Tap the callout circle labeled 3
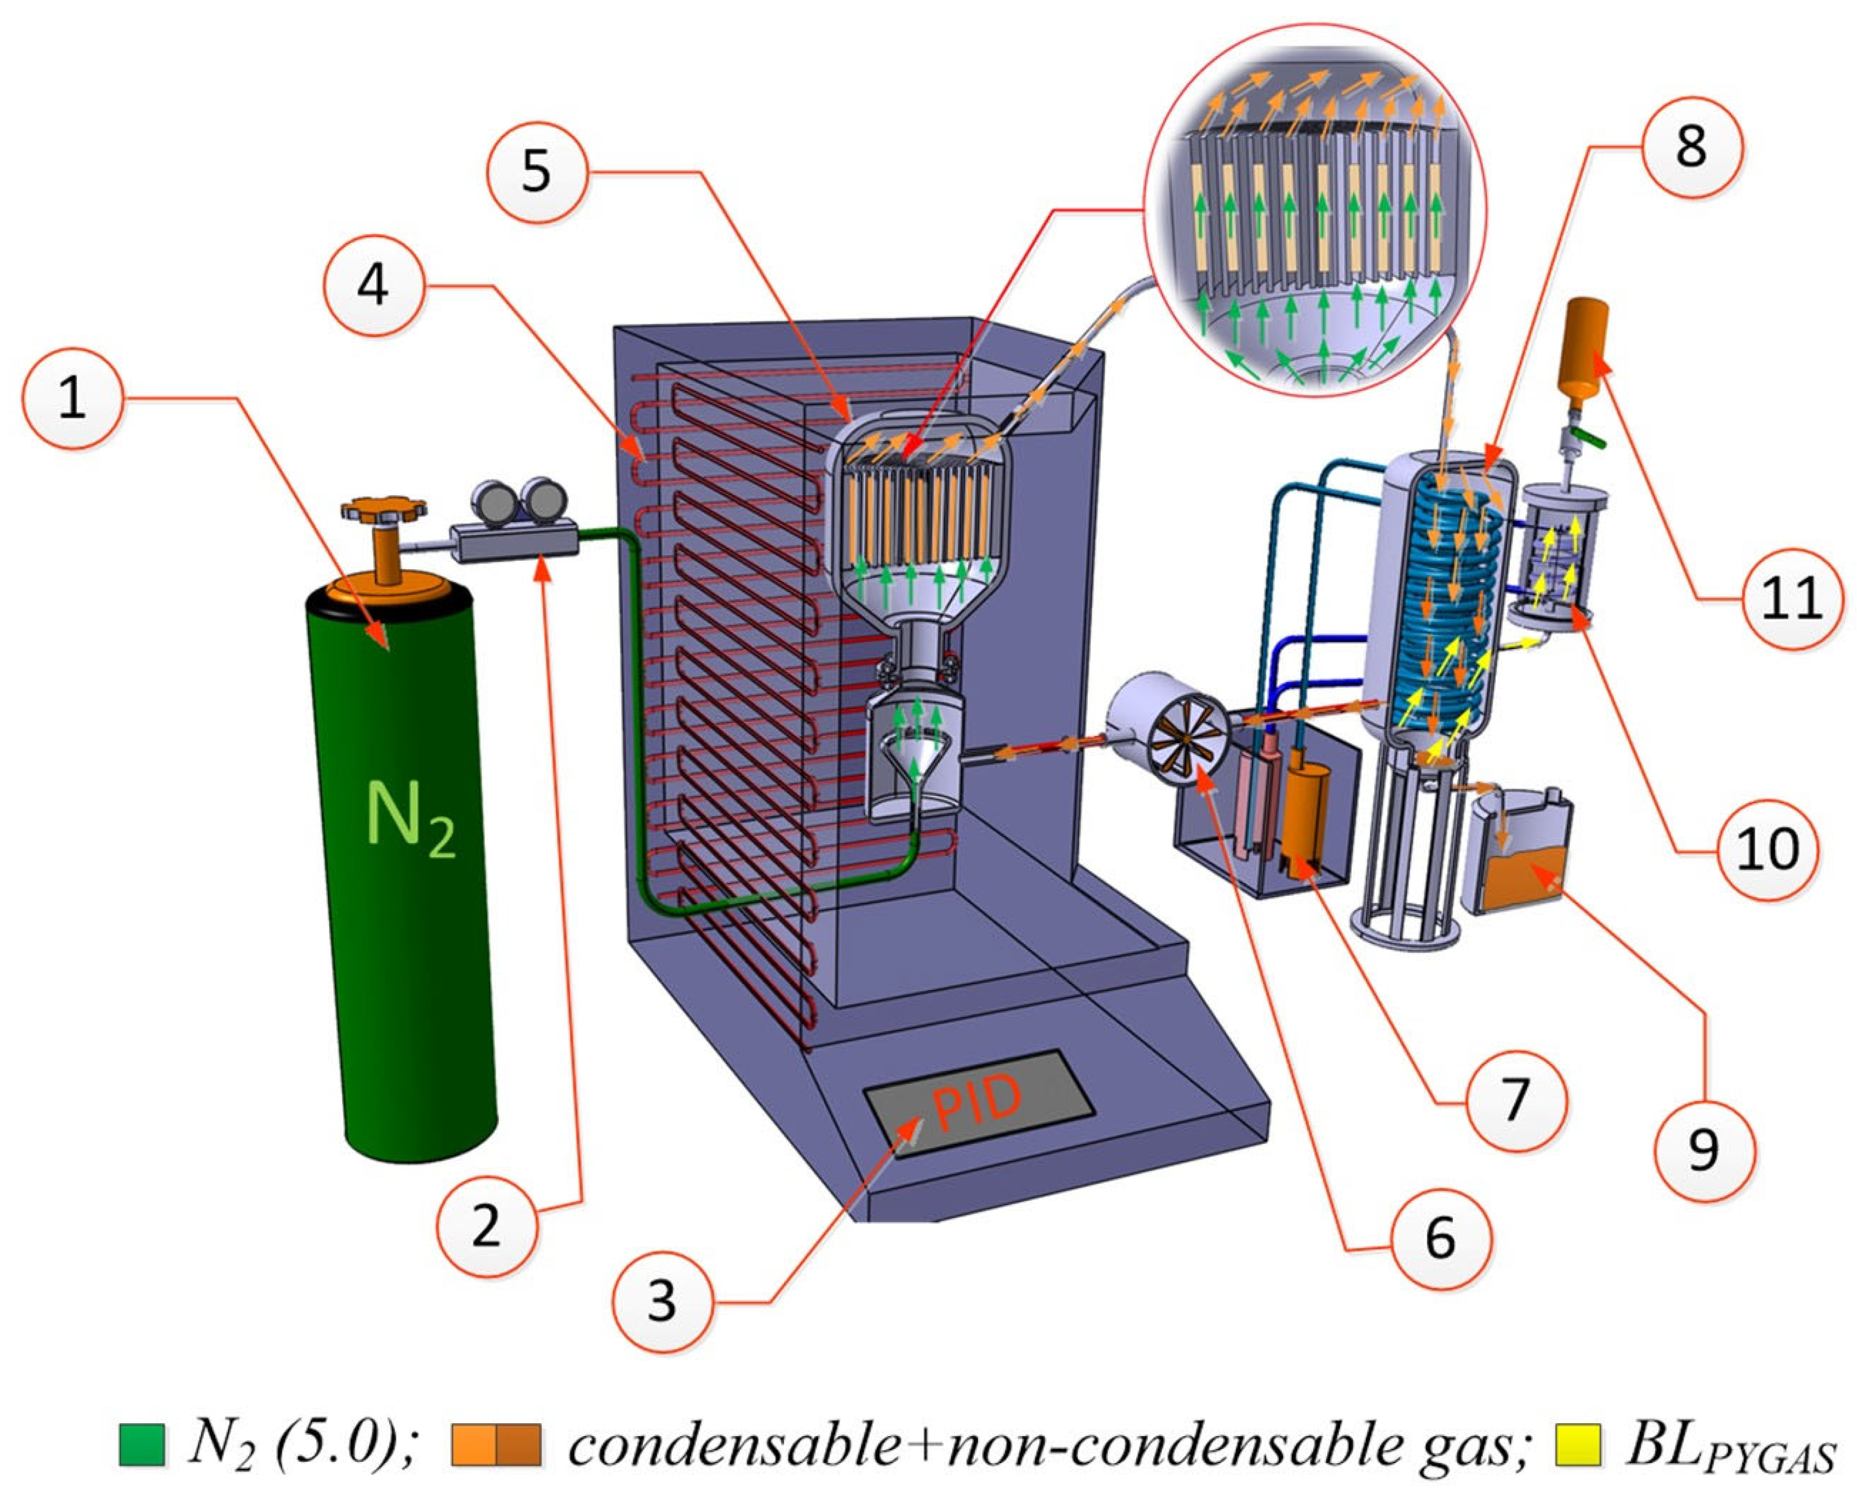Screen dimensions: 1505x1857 [x=662, y=1300]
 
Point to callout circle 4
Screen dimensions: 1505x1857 [x=373, y=283]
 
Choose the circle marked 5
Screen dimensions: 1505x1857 [x=536, y=170]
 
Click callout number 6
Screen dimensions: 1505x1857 [x=1441, y=1238]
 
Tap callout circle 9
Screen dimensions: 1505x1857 [x=1704, y=1150]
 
